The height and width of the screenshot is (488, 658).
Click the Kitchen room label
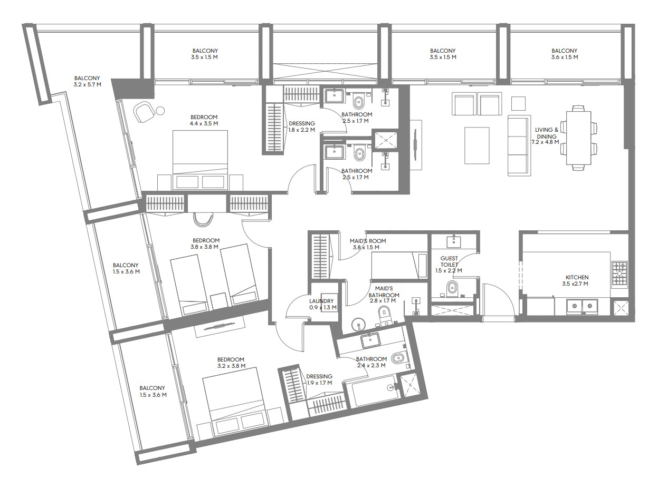tap(577, 277)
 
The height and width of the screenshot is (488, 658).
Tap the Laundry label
tap(321, 301)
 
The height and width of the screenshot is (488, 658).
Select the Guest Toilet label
tap(449, 261)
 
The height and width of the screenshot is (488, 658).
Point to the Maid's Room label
tap(368, 241)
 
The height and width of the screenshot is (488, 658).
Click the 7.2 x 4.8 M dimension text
tap(545, 142)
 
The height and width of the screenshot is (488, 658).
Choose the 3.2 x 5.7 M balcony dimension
tap(87, 84)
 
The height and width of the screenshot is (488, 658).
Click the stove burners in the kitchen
tap(619, 273)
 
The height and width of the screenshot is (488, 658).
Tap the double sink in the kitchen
tap(582, 306)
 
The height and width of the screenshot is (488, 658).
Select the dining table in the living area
tap(578, 138)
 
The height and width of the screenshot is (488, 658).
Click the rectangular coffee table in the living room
tap(476, 145)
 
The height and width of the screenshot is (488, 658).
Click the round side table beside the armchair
tap(160, 111)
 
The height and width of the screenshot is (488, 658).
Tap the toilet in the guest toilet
tap(452, 288)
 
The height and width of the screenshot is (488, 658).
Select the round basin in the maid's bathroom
tap(358, 325)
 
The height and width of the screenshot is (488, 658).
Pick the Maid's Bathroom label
tap(384, 291)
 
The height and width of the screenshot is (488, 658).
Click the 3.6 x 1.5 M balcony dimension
tap(564, 57)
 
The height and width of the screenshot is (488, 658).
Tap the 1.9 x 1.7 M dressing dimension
tap(320, 383)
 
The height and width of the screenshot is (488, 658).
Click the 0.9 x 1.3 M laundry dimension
tap(323, 308)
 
